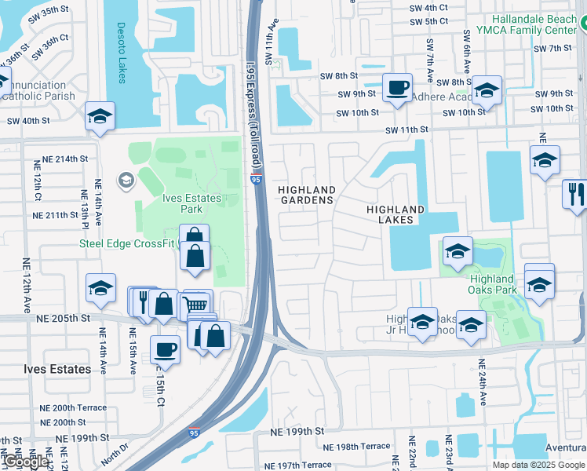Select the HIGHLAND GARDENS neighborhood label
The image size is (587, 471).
(308, 195)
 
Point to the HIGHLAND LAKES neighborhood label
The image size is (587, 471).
(396, 214)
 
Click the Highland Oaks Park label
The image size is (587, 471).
(492, 284)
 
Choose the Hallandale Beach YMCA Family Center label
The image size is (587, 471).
(534, 24)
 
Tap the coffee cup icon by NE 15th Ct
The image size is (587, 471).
(165, 348)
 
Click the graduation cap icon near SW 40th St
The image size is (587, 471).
(100, 116)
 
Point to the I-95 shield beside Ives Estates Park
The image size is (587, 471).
(256, 180)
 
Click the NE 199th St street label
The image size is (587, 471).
(297, 432)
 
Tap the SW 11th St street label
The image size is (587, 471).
(406, 129)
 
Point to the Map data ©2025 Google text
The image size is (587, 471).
(539, 464)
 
